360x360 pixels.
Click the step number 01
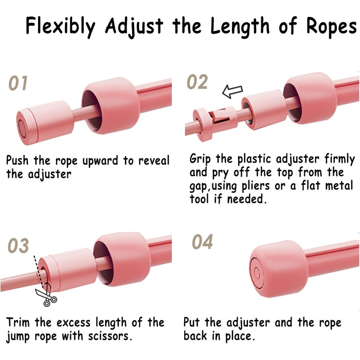(x=18, y=83)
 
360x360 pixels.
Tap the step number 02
(x=197, y=82)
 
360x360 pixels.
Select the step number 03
(x=19, y=245)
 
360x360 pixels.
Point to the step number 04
(x=202, y=242)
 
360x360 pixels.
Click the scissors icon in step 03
(x=46, y=296)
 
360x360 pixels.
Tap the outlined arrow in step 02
(x=232, y=92)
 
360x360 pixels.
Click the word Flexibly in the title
(x=60, y=26)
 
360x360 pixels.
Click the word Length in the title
(x=240, y=26)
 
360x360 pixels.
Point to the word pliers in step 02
(x=256, y=186)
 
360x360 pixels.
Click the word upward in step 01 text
(x=101, y=160)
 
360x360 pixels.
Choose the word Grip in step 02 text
(x=200, y=159)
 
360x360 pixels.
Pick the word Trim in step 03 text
(x=18, y=322)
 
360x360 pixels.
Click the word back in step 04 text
(x=195, y=336)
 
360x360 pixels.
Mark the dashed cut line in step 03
(x=39, y=273)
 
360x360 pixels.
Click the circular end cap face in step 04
(x=257, y=273)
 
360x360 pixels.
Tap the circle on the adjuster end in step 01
(x=22, y=129)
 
